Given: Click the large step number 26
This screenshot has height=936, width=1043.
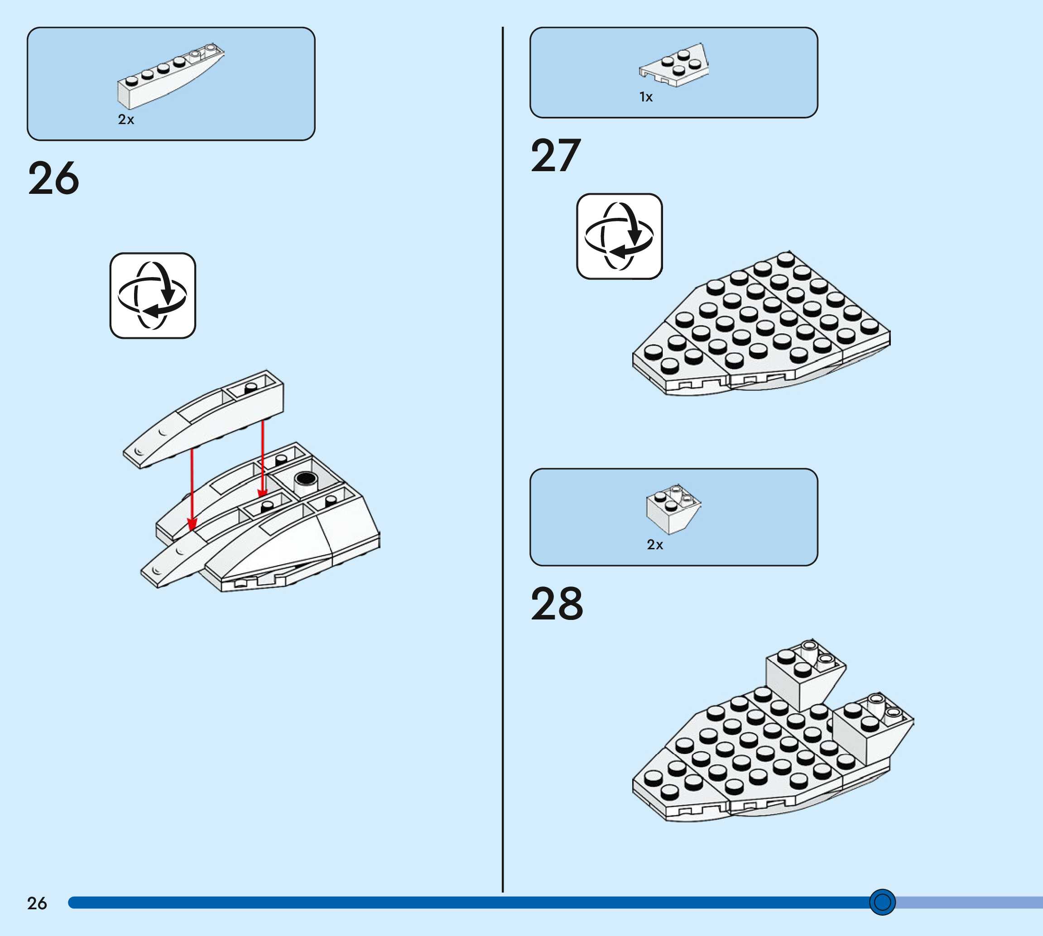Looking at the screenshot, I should click(53, 178).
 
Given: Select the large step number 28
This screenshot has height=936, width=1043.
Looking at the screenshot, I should click(557, 604).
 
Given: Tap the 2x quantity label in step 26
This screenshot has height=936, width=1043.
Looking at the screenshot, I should click(126, 119).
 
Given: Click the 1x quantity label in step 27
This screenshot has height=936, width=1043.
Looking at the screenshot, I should click(646, 97).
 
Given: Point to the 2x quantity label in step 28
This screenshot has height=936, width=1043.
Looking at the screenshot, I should click(655, 545).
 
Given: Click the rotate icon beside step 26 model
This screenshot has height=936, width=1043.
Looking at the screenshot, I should click(153, 296).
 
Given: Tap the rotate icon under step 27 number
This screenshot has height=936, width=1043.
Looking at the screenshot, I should click(619, 236).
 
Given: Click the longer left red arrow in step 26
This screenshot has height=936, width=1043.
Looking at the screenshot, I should click(192, 489).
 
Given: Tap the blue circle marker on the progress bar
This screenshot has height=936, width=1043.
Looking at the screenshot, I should click(882, 902).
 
